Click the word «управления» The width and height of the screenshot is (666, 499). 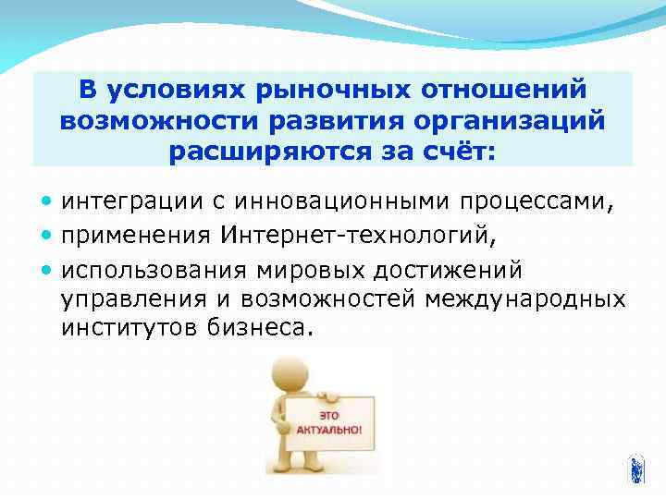[x=129, y=299]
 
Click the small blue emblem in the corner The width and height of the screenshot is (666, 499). [x=636, y=469]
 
